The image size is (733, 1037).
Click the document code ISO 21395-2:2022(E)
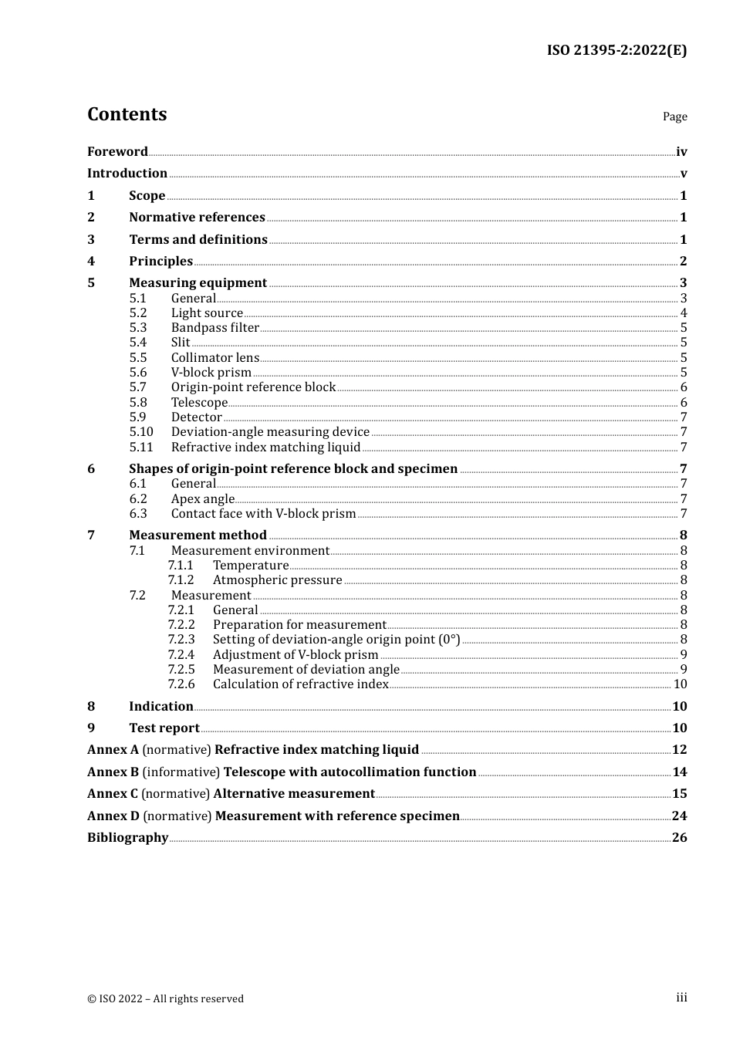pos(616,50)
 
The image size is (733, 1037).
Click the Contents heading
pos(127,114)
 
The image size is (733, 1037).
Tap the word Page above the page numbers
pos(674,117)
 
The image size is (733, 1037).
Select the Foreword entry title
pos(117,151)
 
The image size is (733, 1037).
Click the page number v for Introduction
pos(683,174)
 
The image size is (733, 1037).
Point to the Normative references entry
pos(197,218)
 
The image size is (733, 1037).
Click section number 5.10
pos(141,432)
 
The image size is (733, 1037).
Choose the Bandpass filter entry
pos(214,328)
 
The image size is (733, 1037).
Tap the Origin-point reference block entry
pos(253,387)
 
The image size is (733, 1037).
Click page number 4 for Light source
pos(683,313)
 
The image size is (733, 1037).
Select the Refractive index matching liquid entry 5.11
pos(265,448)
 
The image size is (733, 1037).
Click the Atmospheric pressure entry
pos(277,580)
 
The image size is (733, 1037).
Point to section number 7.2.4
pos(181,655)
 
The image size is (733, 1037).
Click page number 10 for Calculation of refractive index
pos(680,684)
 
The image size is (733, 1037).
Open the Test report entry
pos(164,728)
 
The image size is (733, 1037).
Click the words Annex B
pos(113,772)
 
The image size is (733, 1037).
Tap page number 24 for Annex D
pos(679,816)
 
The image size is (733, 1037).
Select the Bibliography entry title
pos(127,838)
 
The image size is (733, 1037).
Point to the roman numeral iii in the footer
pos(681,998)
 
